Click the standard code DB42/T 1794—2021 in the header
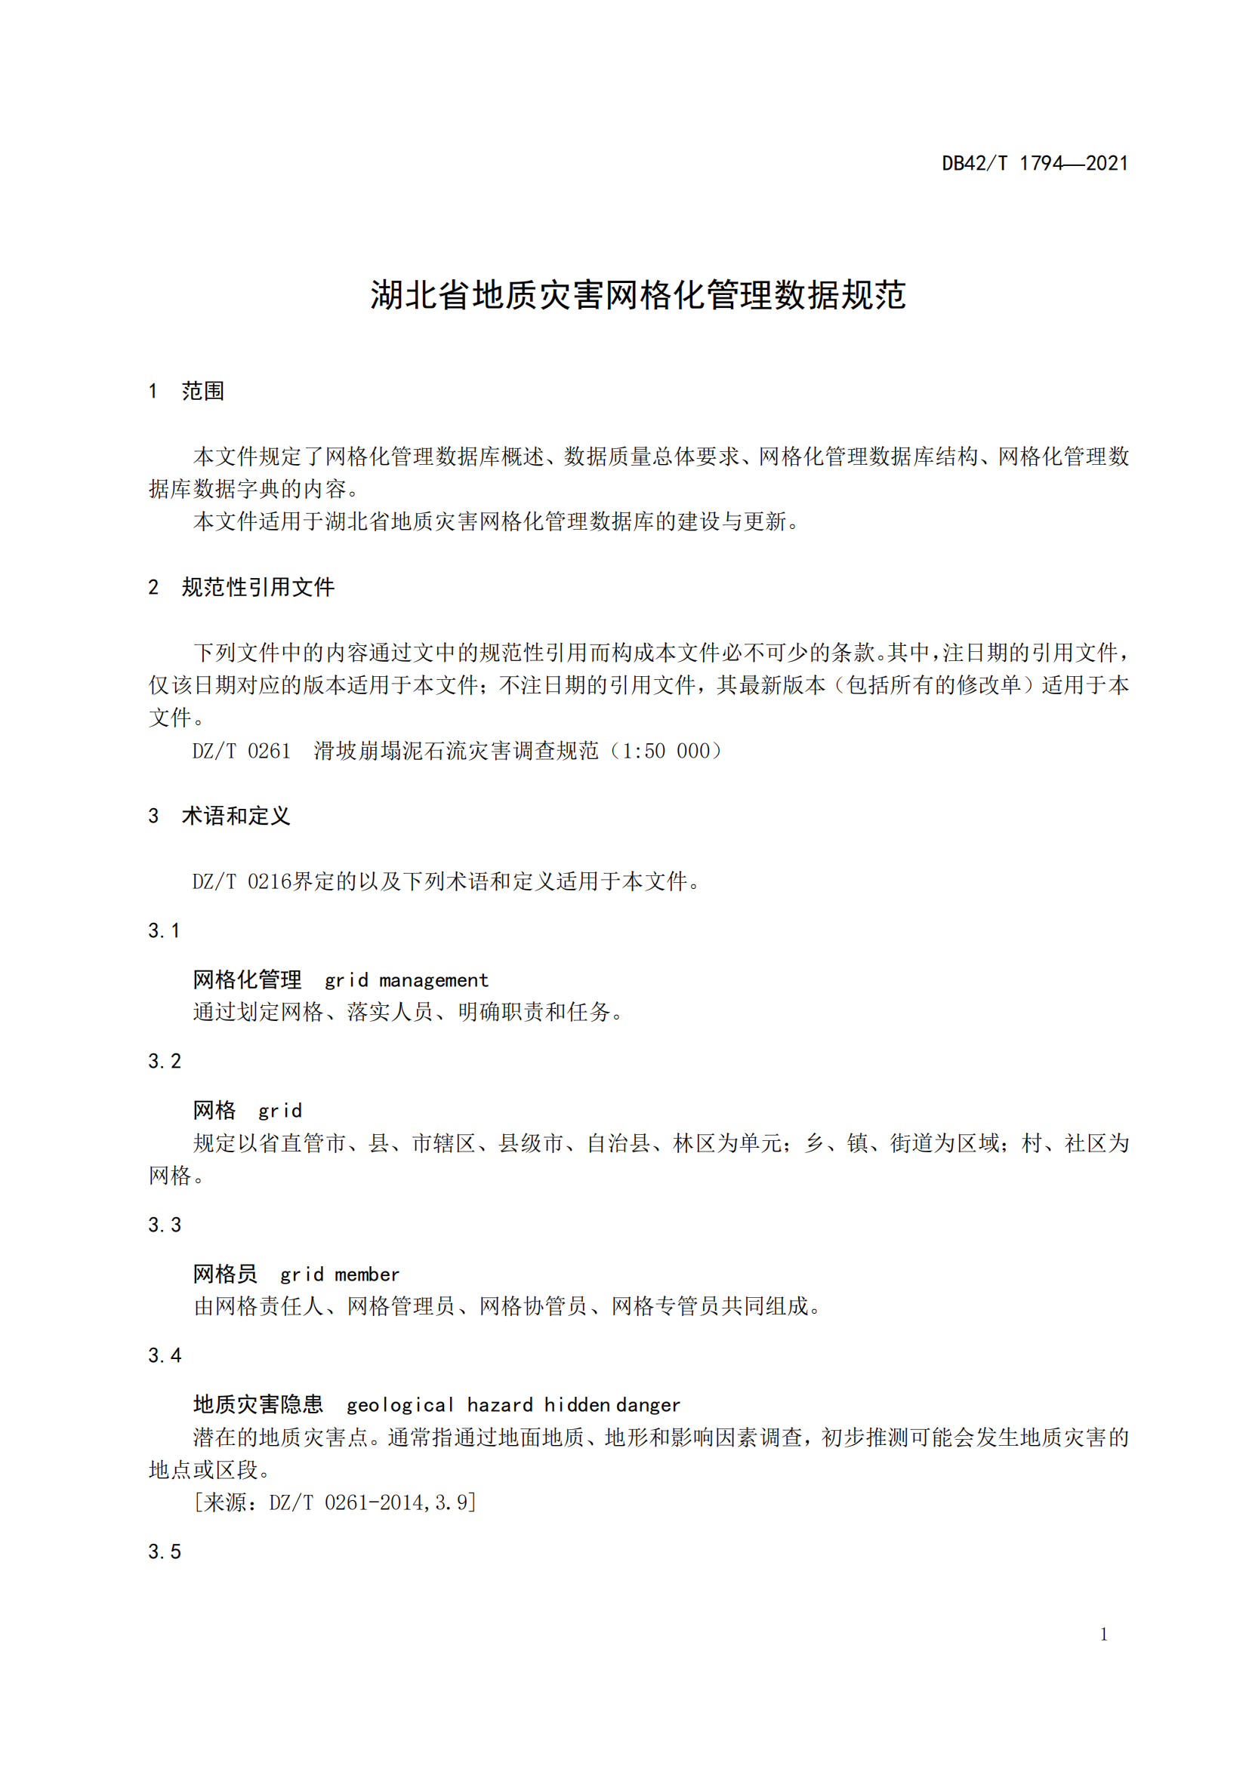(1035, 163)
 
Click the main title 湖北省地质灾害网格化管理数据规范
(637, 295)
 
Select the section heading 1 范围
(186, 392)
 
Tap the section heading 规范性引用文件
(258, 587)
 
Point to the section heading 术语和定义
(236, 816)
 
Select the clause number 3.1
(164, 931)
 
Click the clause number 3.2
(165, 1062)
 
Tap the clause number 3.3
(165, 1225)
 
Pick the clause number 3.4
(165, 1355)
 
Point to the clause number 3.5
(165, 1551)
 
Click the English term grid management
(406, 980)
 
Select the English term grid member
(339, 1275)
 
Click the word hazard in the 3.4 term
(499, 1405)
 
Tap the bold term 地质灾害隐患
(258, 1404)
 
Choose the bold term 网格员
(224, 1274)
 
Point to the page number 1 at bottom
(1104, 1634)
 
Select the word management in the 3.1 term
(433, 980)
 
